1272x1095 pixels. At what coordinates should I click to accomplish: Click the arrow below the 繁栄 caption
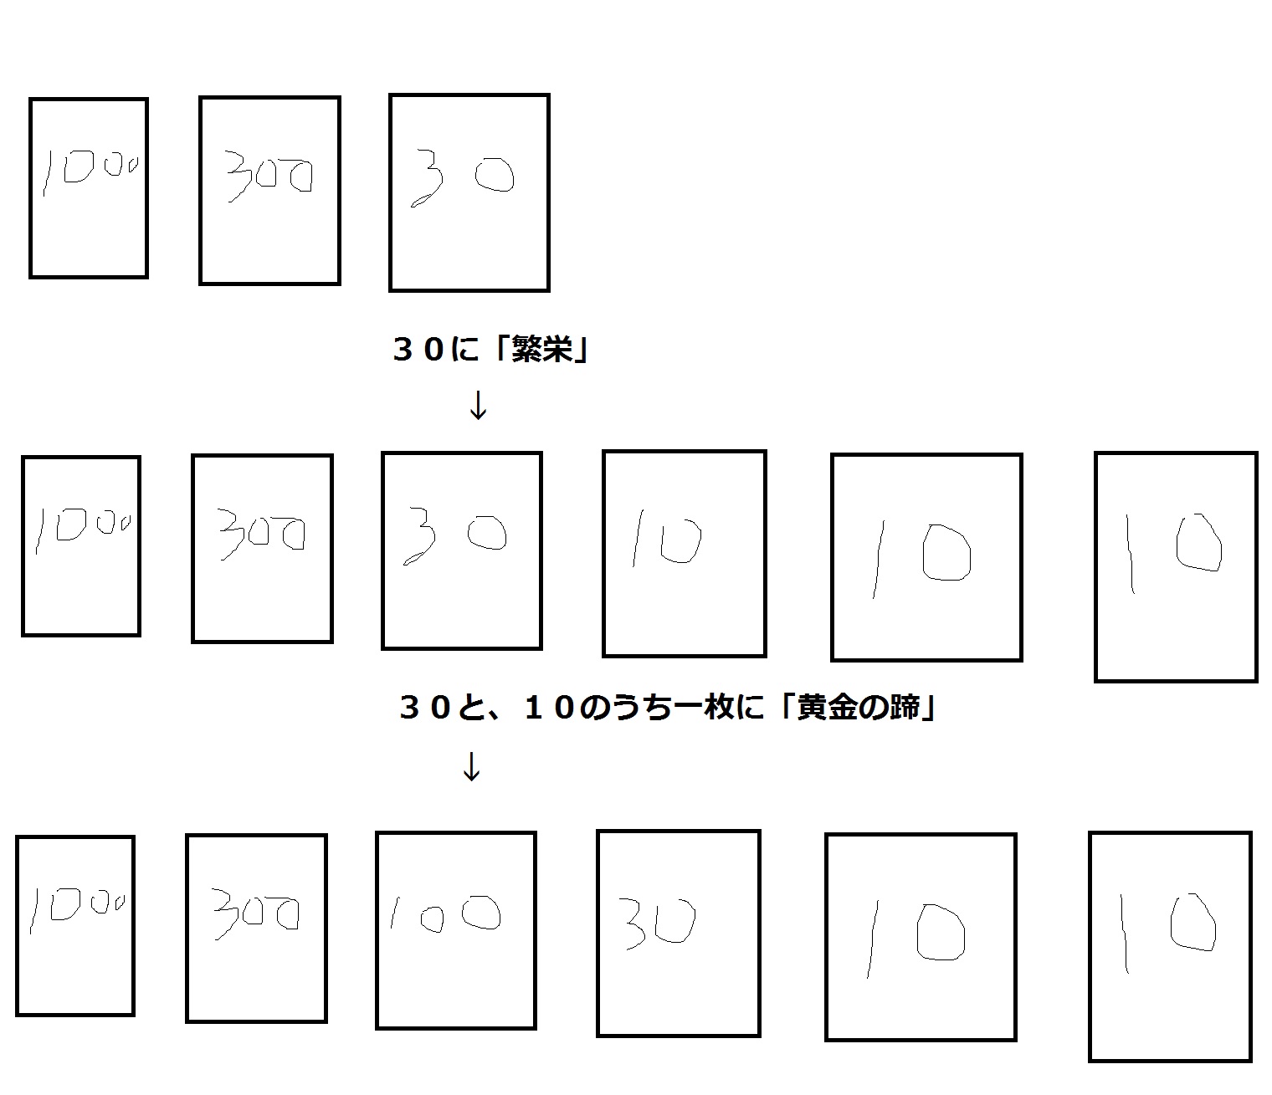(478, 405)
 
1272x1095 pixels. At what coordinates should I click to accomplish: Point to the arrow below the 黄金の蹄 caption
(471, 766)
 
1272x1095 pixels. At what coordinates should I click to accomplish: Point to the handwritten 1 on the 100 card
(394, 913)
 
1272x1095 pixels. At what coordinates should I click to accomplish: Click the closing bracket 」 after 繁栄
(581, 350)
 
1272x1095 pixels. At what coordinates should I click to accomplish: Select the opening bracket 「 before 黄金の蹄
(787, 707)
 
